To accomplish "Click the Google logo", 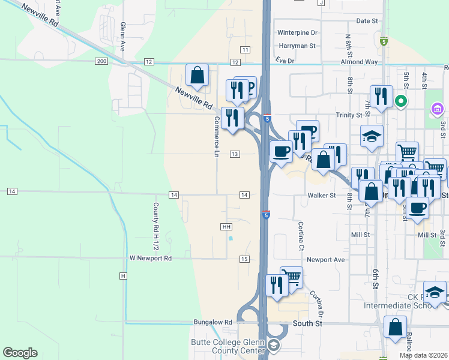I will pos(20,353).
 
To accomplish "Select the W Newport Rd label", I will pos(151,258).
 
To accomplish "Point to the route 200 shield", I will pos(101,62).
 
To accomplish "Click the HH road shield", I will pos(226,227).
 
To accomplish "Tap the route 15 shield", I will pos(244,259).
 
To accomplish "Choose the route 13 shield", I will pos(235,154).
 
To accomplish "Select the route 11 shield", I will pos(246,49).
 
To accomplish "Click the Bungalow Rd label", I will pos(212,322).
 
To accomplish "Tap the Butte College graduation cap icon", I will pos(273,346).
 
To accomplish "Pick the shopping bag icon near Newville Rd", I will pos(197,76).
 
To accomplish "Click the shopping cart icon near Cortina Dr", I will pos(292,277).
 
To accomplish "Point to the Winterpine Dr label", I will pos(297,32).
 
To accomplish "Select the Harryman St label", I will pos(297,46).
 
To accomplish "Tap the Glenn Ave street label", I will pos(122,37).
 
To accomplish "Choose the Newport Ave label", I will pos(326,260).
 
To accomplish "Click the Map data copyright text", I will pos(423,355).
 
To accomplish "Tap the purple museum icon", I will pos(437,110).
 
